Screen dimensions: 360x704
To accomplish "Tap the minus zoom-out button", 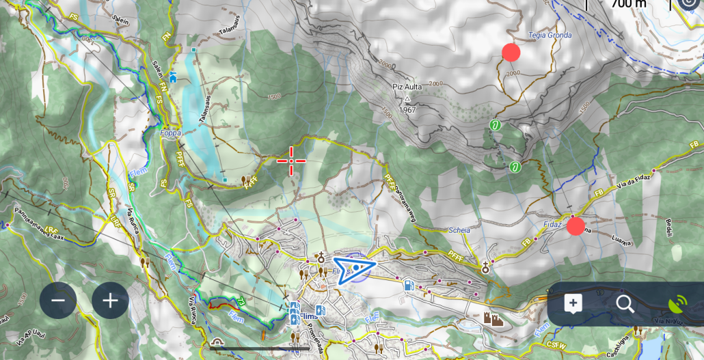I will [58, 301].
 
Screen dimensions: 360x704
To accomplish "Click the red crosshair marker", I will [291, 161].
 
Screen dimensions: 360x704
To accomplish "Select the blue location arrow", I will [354, 268].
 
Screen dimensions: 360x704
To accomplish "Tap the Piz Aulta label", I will [407, 87].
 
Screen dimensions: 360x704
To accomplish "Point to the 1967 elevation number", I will [407, 110].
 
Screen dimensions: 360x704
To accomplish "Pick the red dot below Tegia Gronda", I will [511, 52].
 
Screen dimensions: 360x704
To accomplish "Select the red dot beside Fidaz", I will [576, 226].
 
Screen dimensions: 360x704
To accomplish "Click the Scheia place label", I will [459, 230].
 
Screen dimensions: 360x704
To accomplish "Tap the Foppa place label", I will [170, 133].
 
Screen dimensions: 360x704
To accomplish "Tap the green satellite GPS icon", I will [678, 304].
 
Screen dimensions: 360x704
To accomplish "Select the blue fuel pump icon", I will [408, 284].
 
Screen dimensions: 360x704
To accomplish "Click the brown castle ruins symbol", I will [493, 318].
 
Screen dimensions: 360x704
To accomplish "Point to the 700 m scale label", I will [629, 4].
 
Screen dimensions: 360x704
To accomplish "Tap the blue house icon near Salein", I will [173, 77].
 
